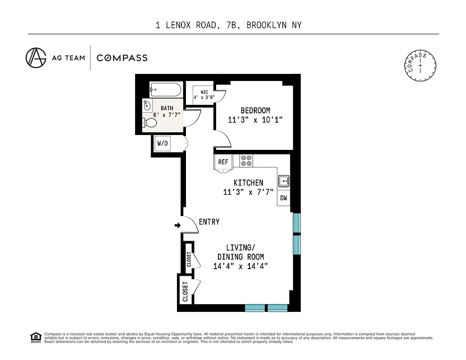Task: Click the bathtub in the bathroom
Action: coord(166,90)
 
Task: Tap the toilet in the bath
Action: coord(149,122)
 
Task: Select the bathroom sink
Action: coord(147,107)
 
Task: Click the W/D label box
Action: coord(162,144)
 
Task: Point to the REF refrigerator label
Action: coord(223,162)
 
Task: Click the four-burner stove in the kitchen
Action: coord(246,161)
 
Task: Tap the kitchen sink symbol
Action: coord(284,181)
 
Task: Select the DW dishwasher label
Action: coord(284,198)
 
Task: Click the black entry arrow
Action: coord(177,225)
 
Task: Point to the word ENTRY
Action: coord(209,222)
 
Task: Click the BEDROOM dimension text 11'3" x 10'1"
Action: coord(255,120)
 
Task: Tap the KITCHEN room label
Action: coord(248,183)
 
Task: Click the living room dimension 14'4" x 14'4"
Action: coord(241,266)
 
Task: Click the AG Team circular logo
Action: coord(36,58)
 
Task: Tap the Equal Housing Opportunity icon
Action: coord(35,337)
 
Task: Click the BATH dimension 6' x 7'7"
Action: coord(167,114)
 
